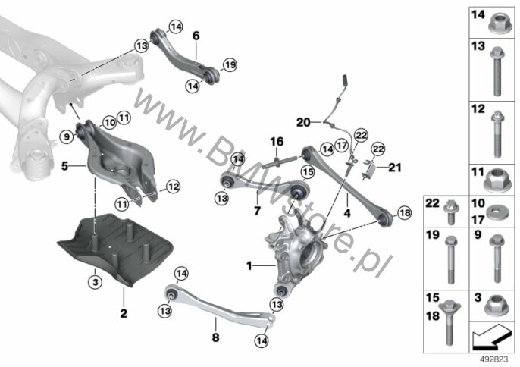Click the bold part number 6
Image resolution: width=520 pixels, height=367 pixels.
click(196, 36)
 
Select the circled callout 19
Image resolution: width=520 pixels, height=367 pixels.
click(230, 64)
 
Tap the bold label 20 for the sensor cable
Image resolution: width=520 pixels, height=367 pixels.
click(303, 122)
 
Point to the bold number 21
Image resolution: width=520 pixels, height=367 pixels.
click(395, 168)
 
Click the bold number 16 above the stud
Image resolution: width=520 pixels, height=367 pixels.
click(277, 142)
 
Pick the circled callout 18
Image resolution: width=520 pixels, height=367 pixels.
click(404, 213)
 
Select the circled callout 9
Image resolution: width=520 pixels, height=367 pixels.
click(67, 136)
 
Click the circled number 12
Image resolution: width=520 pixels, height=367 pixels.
click(173, 187)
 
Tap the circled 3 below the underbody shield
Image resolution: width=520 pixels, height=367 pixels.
click(96, 282)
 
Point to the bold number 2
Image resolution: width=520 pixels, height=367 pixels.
click(124, 313)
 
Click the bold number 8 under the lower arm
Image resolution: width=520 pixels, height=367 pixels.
click(215, 337)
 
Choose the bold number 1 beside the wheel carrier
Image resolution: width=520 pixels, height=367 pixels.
click(249, 266)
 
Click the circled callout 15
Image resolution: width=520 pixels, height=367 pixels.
click(308, 172)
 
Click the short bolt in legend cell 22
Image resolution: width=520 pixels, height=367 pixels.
click(451, 212)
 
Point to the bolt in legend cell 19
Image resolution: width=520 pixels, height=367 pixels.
click(451, 260)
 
